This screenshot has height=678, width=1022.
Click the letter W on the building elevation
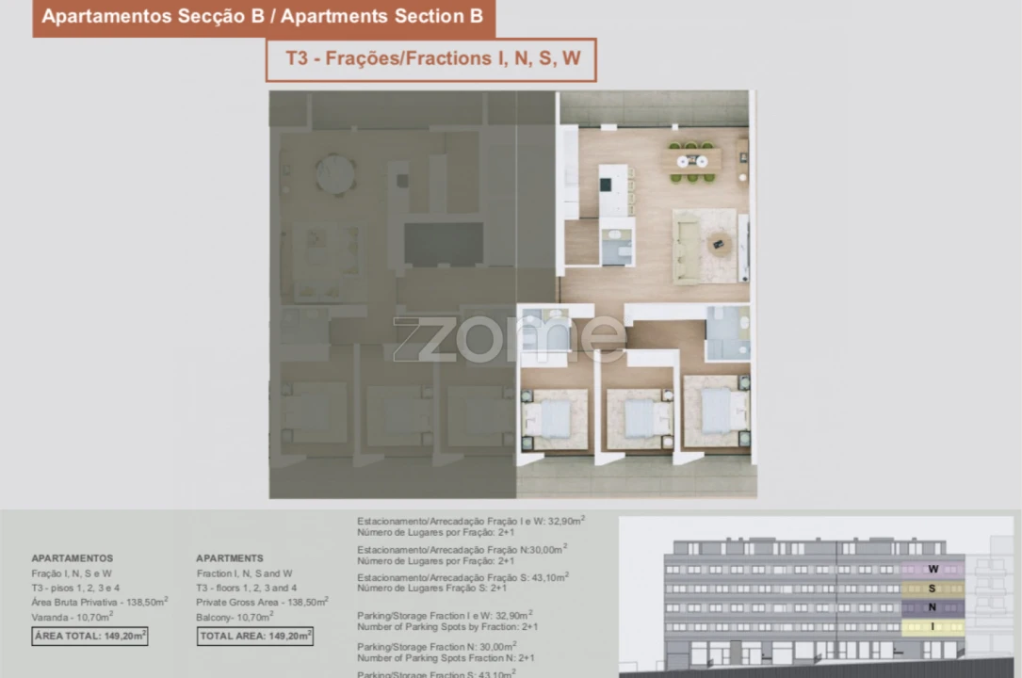(x=933, y=569)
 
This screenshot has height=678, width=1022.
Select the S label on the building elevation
(x=933, y=589)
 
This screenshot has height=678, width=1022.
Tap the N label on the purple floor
(x=933, y=607)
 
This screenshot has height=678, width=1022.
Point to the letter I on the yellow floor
(x=933, y=626)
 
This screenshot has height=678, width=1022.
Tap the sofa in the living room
(x=688, y=247)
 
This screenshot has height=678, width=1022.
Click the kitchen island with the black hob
(x=613, y=188)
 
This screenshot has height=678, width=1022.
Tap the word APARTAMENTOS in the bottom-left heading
(x=72, y=558)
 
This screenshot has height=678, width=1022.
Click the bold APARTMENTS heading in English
(x=230, y=558)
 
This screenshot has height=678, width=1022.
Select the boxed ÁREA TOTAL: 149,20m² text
(x=90, y=636)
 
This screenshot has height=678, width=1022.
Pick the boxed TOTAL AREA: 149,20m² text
(x=254, y=636)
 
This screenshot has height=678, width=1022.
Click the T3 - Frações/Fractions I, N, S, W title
(x=432, y=58)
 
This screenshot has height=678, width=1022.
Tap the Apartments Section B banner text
(x=263, y=16)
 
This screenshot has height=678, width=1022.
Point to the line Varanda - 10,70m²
(x=73, y=617)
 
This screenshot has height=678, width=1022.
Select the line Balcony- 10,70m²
(x=235, y=617)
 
